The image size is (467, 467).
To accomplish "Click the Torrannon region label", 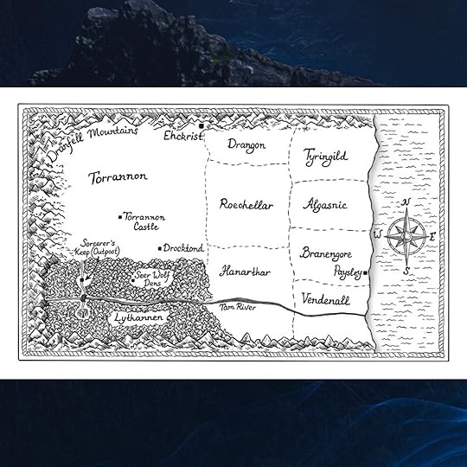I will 118,177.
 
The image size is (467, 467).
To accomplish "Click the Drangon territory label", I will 246,145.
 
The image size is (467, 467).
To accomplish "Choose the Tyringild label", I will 325,156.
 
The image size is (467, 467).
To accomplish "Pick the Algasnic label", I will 325,205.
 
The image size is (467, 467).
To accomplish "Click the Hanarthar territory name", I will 245,272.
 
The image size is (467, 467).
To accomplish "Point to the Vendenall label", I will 326,298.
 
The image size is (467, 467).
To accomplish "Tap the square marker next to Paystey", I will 367,272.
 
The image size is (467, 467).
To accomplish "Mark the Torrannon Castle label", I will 144,221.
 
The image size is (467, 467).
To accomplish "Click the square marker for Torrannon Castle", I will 119,217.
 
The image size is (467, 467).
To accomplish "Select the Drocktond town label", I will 184,248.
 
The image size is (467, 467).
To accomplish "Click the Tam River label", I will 234,307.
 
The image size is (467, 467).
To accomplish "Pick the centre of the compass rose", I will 405,233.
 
